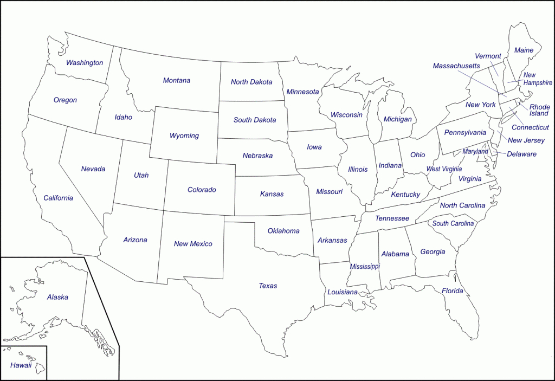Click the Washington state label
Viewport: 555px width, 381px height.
pyautogui.click(x=85, y=63)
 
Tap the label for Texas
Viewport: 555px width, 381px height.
pyautogui.click(x=268, y=286)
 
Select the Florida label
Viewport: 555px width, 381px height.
pyautogui.click(x=452, y=291)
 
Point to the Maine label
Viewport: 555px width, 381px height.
pyautogui.click(x=524, y=50)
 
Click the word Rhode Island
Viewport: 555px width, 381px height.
pyautogui.click(x=539, y=110)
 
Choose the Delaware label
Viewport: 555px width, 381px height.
pyautogui.click(x=521, y=154)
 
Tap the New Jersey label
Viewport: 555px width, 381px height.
pyautogui.click(x=526, y=140)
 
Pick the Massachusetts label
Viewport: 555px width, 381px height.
pyautogui.click(x=456, y=66)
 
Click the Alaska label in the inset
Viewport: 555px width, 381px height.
pyautogui.click(x=57, y=297)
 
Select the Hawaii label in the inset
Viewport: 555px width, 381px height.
pyautogui.click(x=21, y=365)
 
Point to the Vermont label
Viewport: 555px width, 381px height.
pyautogui.click(x=488, y=56)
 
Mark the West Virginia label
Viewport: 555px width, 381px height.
pyautogui.click(x=444, y=169)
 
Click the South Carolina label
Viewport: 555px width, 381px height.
pyautogui.click(x=453, y=223)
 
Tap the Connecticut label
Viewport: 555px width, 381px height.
pyautogui.click(x=530, y=127)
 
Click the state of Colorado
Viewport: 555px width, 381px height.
pyautogui.click(x=202, y=190)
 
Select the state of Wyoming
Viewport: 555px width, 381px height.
pyautogui.click(x=184, y=135)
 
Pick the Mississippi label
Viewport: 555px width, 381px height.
pyautogui.click(x=365, y=267)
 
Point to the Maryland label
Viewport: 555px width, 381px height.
pyautogui.click(x=475, y=152)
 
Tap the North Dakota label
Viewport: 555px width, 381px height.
pyautogui.click(x=251, y=82)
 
